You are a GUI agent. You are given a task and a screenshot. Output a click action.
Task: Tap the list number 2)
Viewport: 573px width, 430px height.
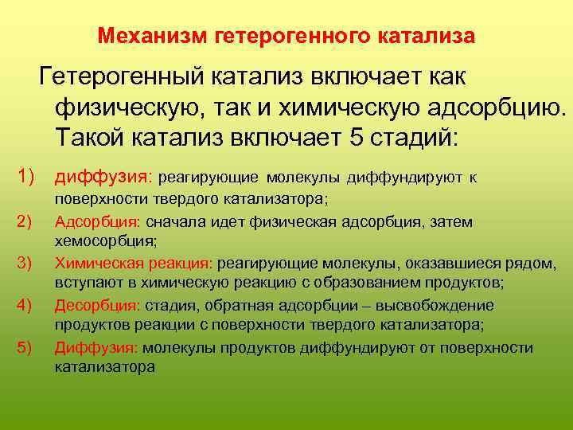coord(25,221)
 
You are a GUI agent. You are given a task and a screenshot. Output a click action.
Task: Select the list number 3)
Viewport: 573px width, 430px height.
coord(25,262)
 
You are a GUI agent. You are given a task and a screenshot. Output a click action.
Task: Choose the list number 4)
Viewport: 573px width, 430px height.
coord(25,305)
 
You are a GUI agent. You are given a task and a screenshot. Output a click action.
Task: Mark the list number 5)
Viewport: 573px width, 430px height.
coord(25,347)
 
